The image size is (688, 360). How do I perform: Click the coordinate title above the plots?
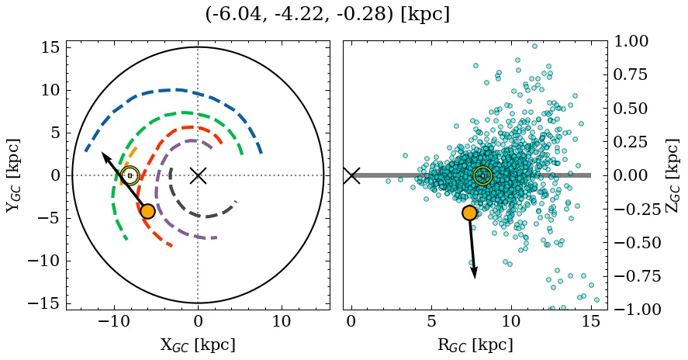pyautogui.click(x=327, y=15)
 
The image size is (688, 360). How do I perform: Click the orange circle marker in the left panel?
pyautogui.click(x=147, y=211)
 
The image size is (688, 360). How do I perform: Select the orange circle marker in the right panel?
pyautogui.click(x=468, y=213)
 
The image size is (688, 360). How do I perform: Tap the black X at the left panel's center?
pyautogui.click(x=198, y=175)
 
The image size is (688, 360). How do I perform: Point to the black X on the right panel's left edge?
pyautogui.click(x=351, y=175)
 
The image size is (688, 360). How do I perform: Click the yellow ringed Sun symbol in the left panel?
pyautogui.click(x=130, y=175)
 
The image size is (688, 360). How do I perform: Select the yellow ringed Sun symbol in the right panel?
pyautogui.click(x=482, y=175)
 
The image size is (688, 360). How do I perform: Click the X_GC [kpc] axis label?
pyautogui.click(x=197, y=344)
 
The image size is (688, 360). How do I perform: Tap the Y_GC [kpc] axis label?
pyautogui.click(x=14, y=175)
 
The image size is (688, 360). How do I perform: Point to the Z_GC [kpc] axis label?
pyautogui.click(x=673, y=175)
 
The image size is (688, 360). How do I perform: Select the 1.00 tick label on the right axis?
pyautogui.click(x=640, y=41)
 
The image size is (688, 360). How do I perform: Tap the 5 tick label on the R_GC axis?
pyautogui.click(x=430, y=321)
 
